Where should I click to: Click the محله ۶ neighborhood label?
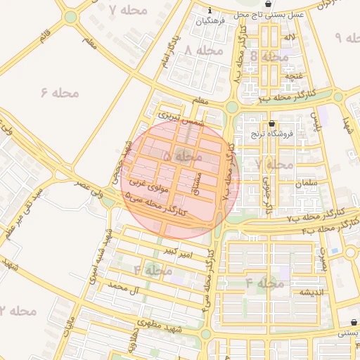[x=58, y=91]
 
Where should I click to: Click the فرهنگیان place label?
[x=212, y=21]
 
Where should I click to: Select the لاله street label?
[x=289, y=36]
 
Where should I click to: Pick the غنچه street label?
[x=292, y=75]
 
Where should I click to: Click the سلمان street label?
[x=307, y=182]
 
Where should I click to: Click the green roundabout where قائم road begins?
[x=70, y=16]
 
